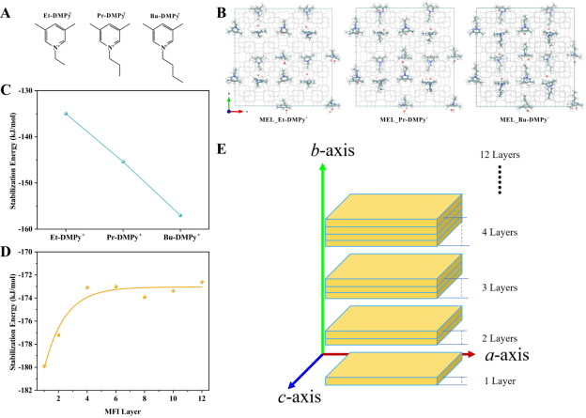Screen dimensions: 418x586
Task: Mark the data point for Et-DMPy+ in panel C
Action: tap(66, 114)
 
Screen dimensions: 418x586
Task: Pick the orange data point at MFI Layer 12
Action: tap(201, 282)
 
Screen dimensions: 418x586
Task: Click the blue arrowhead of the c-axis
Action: tap(292, 383)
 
